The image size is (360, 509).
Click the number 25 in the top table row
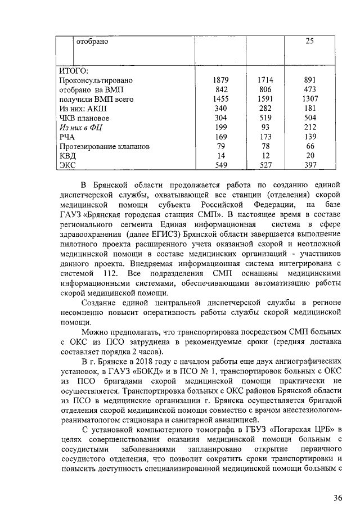(x=309, y=41)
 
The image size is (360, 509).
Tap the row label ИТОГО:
(x=74, y=71)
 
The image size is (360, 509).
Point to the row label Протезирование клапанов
(x=105, y=146)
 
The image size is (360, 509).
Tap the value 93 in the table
(x=265, y=128)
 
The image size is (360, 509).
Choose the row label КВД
(x=67, y=156)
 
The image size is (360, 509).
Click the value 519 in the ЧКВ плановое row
(x=265, y=118)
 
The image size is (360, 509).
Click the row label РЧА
(x=67, y=137)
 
